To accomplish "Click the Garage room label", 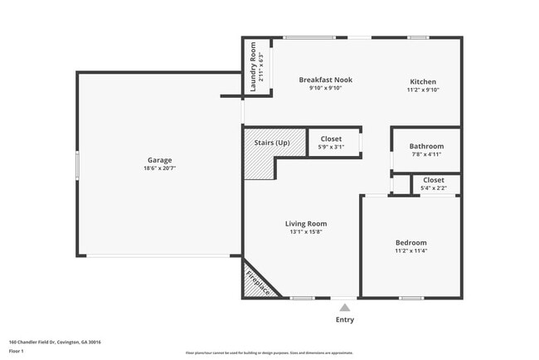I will [160, 159].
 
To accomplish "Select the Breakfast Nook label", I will [325, 80].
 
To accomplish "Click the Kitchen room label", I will [422, 81].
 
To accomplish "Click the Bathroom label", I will [426, 146].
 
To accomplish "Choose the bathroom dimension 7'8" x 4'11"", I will [426, 154].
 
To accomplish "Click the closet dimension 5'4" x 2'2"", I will [434, 188].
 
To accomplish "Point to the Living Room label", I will [306, 223].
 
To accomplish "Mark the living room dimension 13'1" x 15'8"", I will [306, 231].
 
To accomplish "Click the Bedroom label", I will [410, 242].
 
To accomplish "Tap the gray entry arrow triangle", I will [344, 308].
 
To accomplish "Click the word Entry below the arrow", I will [344, 319].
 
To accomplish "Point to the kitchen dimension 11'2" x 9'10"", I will [422, 90].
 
